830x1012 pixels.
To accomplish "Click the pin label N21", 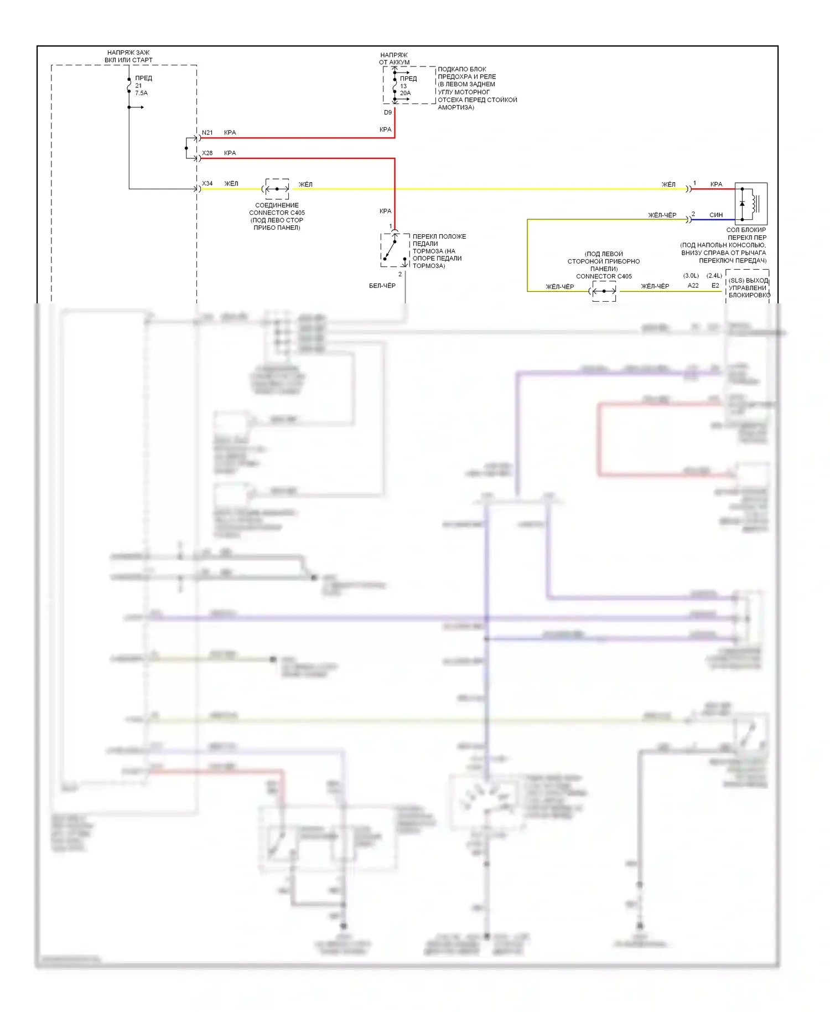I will pyautogui.click(x=207, y=133).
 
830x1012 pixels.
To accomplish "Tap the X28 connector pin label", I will pyautogui.click(x=207, y=153).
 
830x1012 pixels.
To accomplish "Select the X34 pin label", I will pyautogui.click(x=207, y=184).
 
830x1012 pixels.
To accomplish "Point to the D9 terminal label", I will pyautogui.click(x=388, y=112).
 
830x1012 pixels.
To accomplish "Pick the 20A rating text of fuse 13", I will pyautogui.click(x=406, y=93).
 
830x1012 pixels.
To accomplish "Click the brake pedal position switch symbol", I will pyautogui.click(x=395, y=250).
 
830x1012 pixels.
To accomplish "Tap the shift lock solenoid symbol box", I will pyautogui.click(x=750, y=203).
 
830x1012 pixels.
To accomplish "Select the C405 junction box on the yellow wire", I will pyautogui.click(x=277, y=189).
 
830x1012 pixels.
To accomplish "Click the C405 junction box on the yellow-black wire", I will pyautogui.click(x=604, y=291).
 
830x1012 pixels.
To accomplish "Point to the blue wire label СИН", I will pyautogui.click(x=716, y=215).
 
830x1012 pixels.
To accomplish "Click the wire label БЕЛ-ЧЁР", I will pyautogui.click(x=382, y=286).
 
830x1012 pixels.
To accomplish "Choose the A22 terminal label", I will pyautogui.click(x=693, y=286).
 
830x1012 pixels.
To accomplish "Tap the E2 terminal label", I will pyautogui.click(x=715, y=286).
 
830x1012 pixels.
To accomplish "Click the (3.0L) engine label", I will pyautogui.click(x=691, y=276).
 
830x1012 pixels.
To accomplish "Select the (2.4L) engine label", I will pyautogui.click(x=714, y=276).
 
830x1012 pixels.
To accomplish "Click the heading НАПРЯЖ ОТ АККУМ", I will pyautogui.click(x=394, y=59).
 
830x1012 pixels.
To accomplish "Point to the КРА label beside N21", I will pyautogui.click(x=230, y=133).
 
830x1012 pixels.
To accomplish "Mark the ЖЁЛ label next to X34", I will pyautogui.click(x=231, y=184).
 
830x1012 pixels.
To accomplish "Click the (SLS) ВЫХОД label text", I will pyautogui.click(x=748, y=281).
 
